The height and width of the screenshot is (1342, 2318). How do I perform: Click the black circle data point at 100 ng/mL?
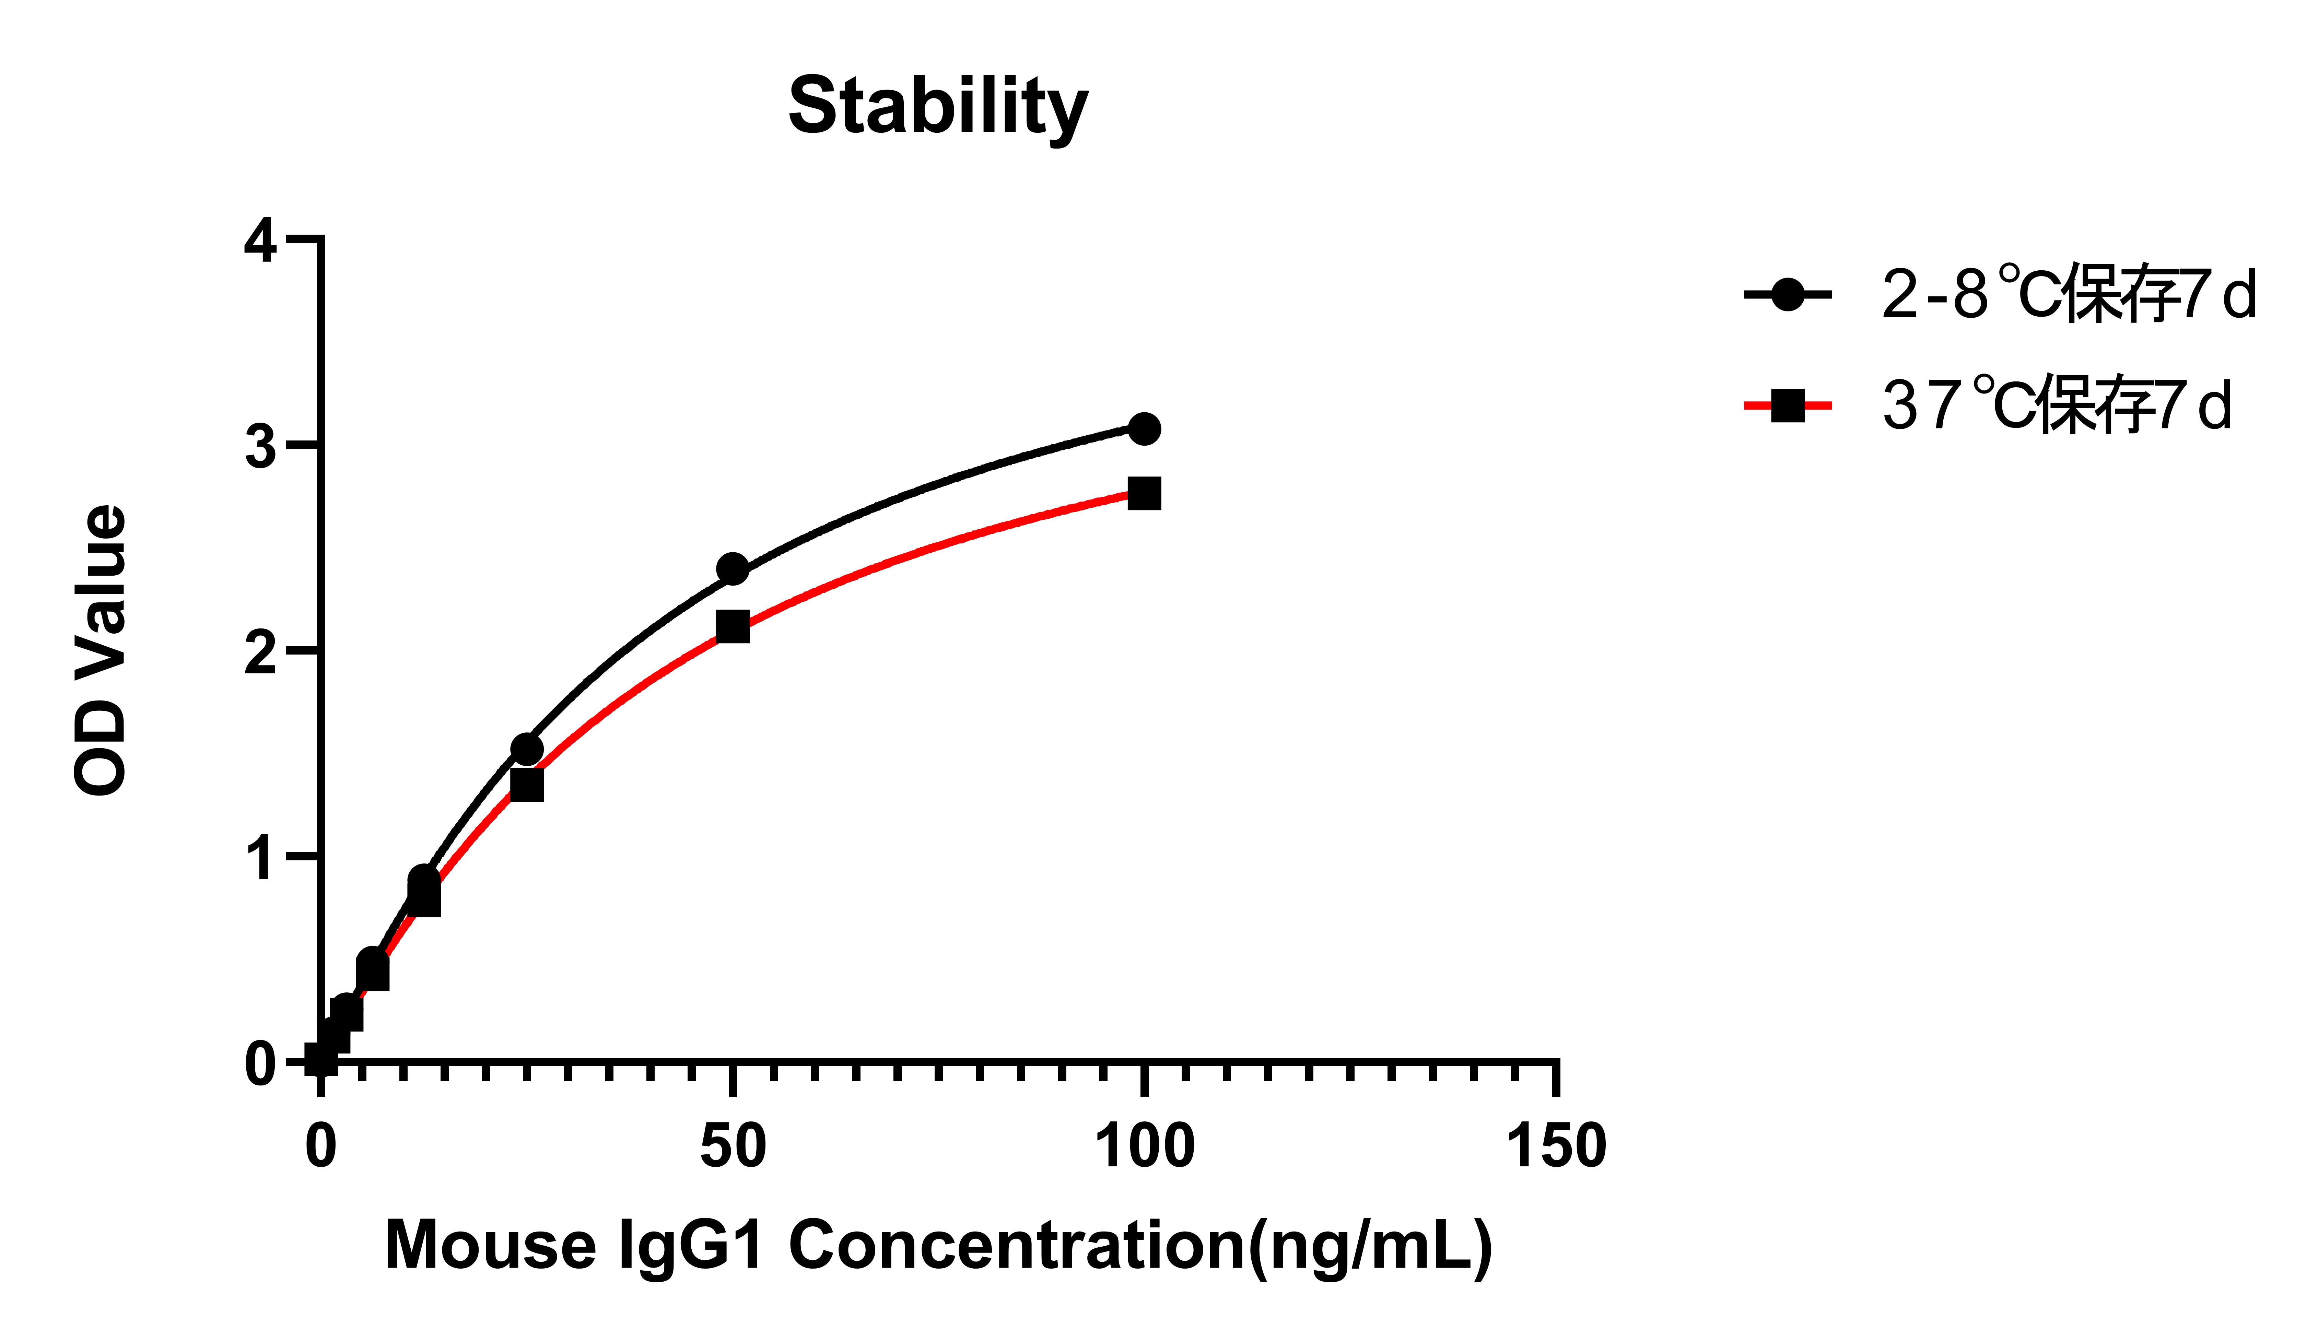coord(1143,428)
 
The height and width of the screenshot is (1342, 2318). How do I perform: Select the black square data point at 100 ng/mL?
coord(1143,493)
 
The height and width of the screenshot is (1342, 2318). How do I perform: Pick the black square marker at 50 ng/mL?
coord(732,627)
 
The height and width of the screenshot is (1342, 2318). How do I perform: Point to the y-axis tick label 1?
coord(260,858)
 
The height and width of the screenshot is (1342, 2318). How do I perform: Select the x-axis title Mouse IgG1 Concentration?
coord(938,1245)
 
